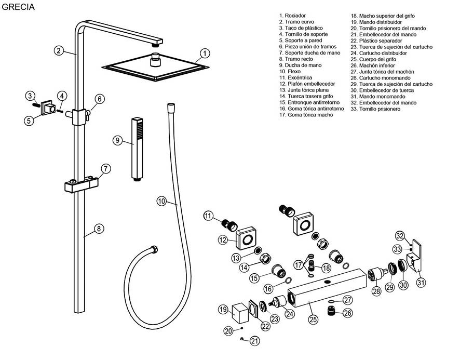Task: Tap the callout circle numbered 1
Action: point(205,53)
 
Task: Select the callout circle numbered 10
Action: point(161,201)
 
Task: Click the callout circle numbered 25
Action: point(313,319)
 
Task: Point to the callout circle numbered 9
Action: point(118,140)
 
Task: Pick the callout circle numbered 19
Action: point(223,310)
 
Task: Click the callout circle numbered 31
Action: point(421,282)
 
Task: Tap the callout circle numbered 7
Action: point(105,168)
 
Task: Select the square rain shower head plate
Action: point(156,68)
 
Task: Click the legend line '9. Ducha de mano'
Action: point(300,65)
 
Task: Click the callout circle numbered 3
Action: point(31,96)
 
